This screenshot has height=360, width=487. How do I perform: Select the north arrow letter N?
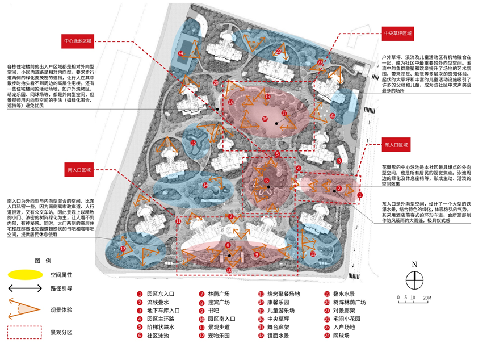pyautogui.click(x=414, y=265)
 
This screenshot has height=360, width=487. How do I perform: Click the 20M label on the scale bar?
pyautogui.click(x=427, y=297)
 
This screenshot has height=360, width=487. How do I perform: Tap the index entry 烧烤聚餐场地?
pyautogui.click(x=287, y=295)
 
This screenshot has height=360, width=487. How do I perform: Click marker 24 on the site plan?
pyautogui.click(x=180, y=53)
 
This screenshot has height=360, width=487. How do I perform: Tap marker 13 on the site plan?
pyautogui.click(x=123, y=249)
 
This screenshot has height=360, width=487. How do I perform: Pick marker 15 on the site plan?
pyautogui.click(x=194, y=143)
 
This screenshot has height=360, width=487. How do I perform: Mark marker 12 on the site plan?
pyautogui.click(x=312, y=254)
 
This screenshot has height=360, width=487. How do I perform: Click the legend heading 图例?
pyautogui.click(x=43, y=261)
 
